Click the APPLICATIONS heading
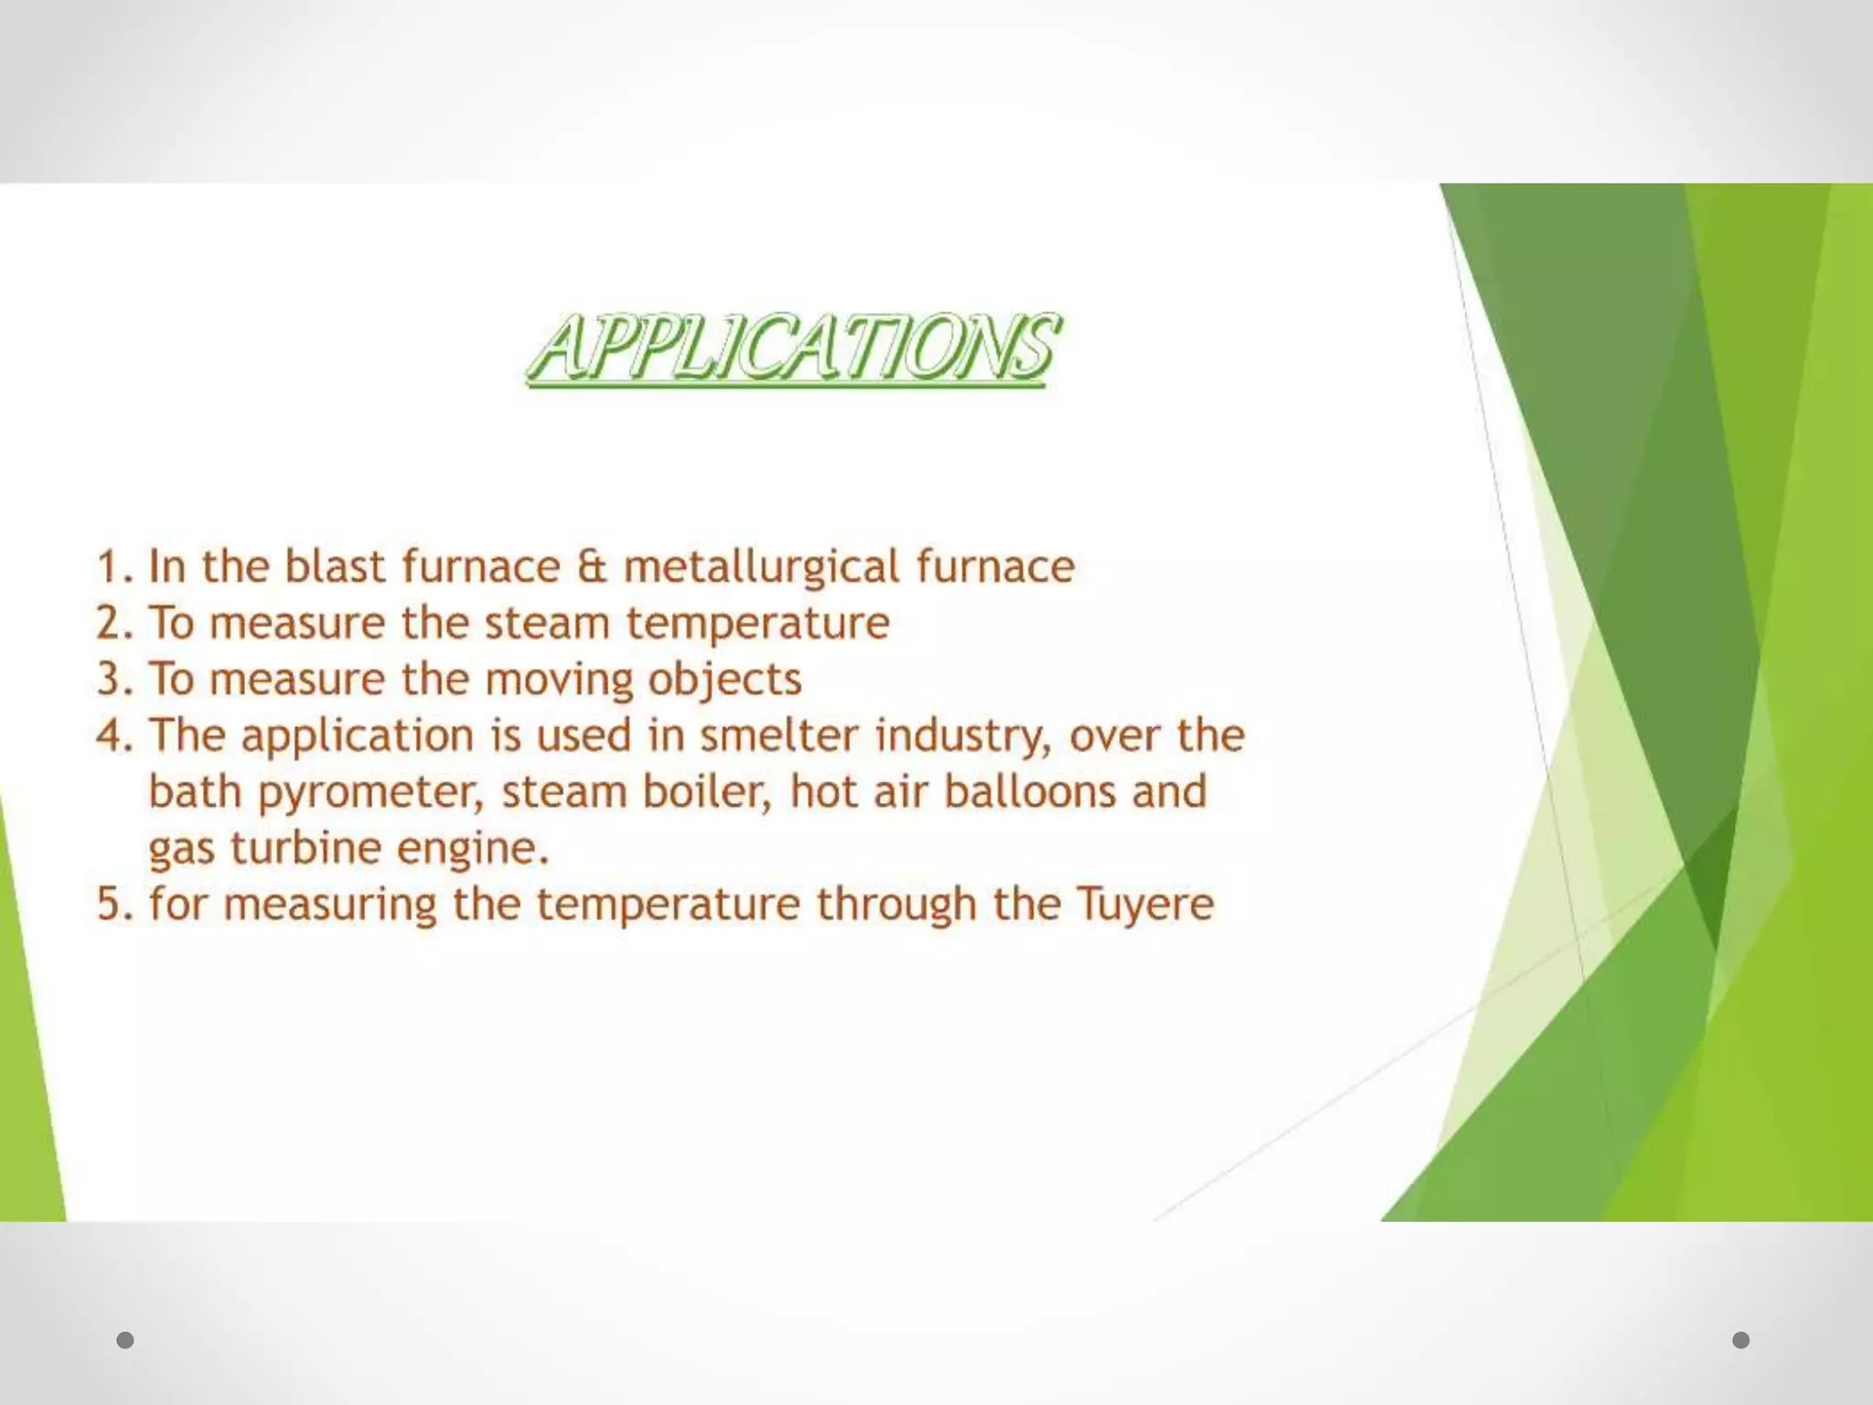coord(794,347)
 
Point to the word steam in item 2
coord(547,623)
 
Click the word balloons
coord(1030,791)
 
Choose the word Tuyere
coord(1145,906)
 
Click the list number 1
coord(112,567)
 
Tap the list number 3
coord(112,680)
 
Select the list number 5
coord(112,904)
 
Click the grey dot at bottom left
coord(125,1340)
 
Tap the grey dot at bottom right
coord(1741,1340)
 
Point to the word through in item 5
coord(896,906)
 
